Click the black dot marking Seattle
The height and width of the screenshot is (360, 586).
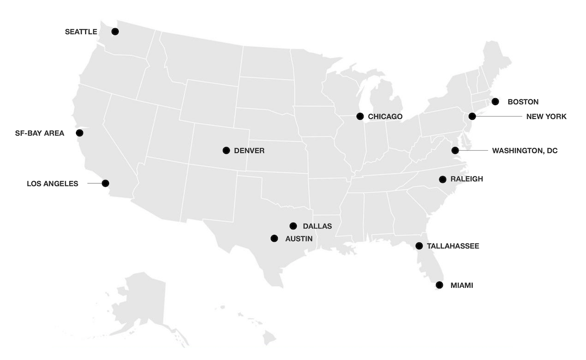pyautogui.click(x=115, y=31)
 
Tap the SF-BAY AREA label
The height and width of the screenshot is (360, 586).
pyautogui.click(x=40, y=133)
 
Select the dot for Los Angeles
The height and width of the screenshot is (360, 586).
pyautogui.click(x=105, y=183)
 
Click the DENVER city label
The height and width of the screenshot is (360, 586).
pyautogui.click(x=249, y=151)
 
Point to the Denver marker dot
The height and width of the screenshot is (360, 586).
pyautogui.click(x=226, y=150)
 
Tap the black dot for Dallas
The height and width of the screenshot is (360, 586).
pyautogui.click(x=294, y=226)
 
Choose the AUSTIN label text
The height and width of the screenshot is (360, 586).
pyautogui.click(x=298, y=239)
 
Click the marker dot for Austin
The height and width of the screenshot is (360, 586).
pyautogui.click(x=274, y=238)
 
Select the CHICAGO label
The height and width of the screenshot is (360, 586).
pyautogui.click(x=385, y=117)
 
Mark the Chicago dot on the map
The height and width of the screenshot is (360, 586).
pyautogui.click(x=360, y=116)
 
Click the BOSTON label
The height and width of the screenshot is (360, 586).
pyautogui.click(x=523, y=102)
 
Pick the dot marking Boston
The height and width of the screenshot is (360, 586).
pyautogui.click(x=495, y=101)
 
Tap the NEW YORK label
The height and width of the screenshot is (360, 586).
pyautogui.click(x=546, y=117)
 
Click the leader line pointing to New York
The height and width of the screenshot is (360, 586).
pyautogui.click(x=499, y=116)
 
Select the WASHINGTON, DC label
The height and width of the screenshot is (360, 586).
pyautogui.click(x=525, y=151)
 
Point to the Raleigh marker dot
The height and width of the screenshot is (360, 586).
pyautogui.click(x=443, y=179)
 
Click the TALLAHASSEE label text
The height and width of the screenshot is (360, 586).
pyautogui.click(x=453, y=246)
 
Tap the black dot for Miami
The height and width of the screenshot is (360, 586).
pyautogui.click(x=439, y=285)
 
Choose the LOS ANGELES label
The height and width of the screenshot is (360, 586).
pyautogui.click(x=53, y=184)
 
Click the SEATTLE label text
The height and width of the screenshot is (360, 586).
pyautogui.click(x=81, y=32)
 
